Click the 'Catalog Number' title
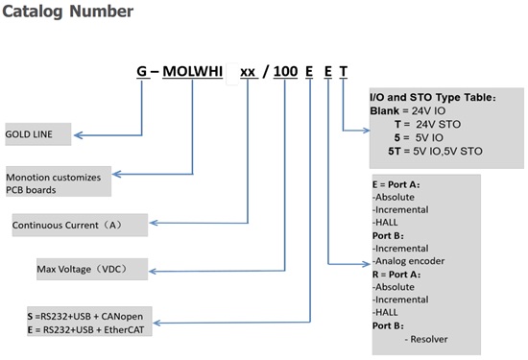(68, 12)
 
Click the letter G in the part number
(142, 71)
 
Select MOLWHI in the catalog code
(192, 71)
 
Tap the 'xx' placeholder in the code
(248, 72)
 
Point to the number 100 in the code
(285, 71)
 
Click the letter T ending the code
(343, 71)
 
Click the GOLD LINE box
(38, 134)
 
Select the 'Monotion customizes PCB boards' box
(59, 181)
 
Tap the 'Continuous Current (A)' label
(67, 225)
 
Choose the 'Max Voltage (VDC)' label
(82, 269)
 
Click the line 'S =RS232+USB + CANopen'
(85, 317)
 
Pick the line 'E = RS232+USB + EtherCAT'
(85, 329)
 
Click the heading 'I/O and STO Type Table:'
(433, 97)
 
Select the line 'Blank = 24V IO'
(408, 110)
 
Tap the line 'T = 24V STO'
(427, 124)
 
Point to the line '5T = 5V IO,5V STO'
(435, 152)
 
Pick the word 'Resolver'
(429, 339)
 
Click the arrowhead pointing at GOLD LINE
(78, 135)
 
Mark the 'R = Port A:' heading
(396, 275)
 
